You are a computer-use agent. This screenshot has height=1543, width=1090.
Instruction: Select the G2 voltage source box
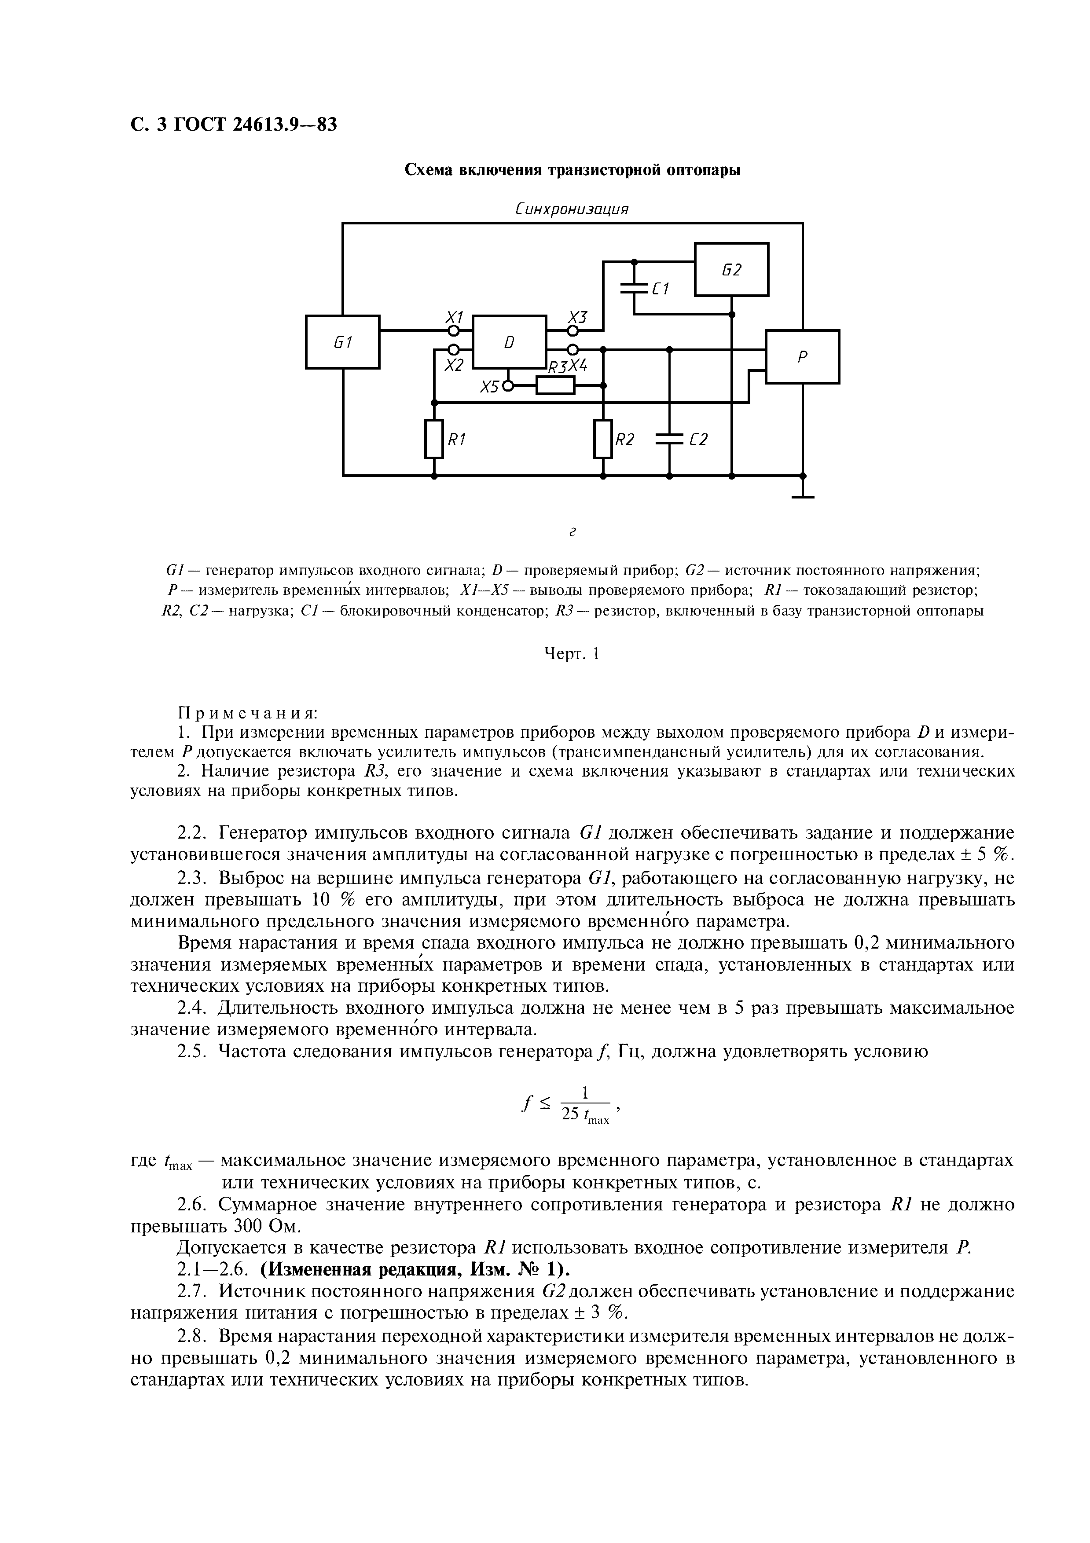[x=731, y=270]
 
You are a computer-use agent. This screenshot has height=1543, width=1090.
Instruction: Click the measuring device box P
[x=802, y=357]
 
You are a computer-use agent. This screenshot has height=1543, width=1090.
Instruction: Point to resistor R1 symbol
[x=434, y=439]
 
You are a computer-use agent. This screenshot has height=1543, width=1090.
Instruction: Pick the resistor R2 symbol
[x=603, y=439]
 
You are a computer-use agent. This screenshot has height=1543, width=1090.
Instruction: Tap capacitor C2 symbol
[x=669, y=439]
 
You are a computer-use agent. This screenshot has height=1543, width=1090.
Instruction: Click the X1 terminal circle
[x=454, y=331]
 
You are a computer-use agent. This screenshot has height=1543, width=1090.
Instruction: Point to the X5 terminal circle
[x=509, y=386]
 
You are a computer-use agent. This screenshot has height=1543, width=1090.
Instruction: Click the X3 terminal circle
[x=573, y=331]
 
